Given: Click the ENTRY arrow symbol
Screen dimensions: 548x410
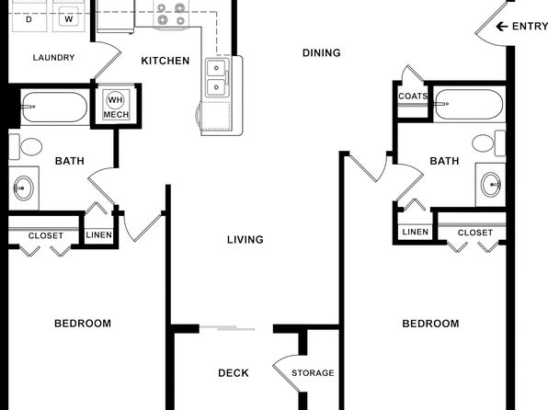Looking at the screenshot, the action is [501, 27].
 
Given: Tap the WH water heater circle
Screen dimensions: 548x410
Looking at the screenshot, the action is [115, 100].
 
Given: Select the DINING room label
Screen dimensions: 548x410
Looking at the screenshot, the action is [322, 52].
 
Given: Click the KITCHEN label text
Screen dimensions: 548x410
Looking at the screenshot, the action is [166, 61].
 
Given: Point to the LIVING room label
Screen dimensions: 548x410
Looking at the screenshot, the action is [245, 240].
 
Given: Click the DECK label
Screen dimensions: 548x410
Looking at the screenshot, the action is [234, 373].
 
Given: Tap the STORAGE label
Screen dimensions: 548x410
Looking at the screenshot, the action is [313, 373].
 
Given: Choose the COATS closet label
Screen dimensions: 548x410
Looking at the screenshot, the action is [413, 97].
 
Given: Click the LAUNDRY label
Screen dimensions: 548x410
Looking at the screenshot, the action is [54, 57].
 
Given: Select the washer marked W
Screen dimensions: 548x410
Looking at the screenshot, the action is [68, 17].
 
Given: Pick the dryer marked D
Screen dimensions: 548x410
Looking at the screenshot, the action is [29, 17].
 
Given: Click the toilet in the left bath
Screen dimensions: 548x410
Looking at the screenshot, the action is [26, 147].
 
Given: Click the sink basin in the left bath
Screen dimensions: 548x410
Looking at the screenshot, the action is [23, 188].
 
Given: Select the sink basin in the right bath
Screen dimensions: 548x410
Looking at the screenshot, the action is [491, 184].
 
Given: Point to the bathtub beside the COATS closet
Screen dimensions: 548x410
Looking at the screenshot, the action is [469, 104].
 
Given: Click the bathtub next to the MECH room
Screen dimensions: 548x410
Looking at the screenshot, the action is [54, 107].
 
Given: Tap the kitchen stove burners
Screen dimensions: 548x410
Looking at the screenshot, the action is [171, 14].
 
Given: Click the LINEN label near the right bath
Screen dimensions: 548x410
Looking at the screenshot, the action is [416, 232].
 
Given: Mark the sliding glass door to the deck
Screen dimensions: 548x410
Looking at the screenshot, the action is [227, 328].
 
